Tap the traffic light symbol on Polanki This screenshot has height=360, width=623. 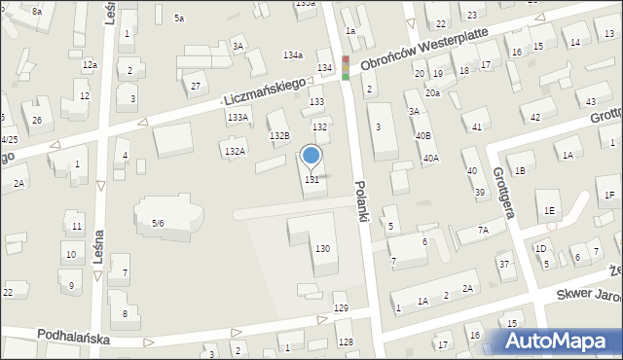pyautogui.click(x=345, y=67)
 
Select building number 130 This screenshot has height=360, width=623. pyautogui.click(x=321, y=249)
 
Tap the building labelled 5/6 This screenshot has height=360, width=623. pyautogui.click(x=158, y=224)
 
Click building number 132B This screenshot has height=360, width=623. pyautogui.click(x=279, y=134)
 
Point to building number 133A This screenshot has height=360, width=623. pyautogui.click(x=238, y=117)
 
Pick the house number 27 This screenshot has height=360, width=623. pyautogui.click(x=196, y=87)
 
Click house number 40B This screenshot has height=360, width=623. pyautogui.click(x=422, y=135)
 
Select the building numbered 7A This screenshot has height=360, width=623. pyautogui.click(x=483, y=231)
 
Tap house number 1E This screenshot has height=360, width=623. pyautogui.click(x=550, y=210)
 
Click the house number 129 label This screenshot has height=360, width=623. pyautogui.click(x=341, y=308)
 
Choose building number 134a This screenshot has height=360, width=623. pyautogui.click(x=292, y=54)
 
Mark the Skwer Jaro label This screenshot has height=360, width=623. pyautogui.click(x=588, y=293)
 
